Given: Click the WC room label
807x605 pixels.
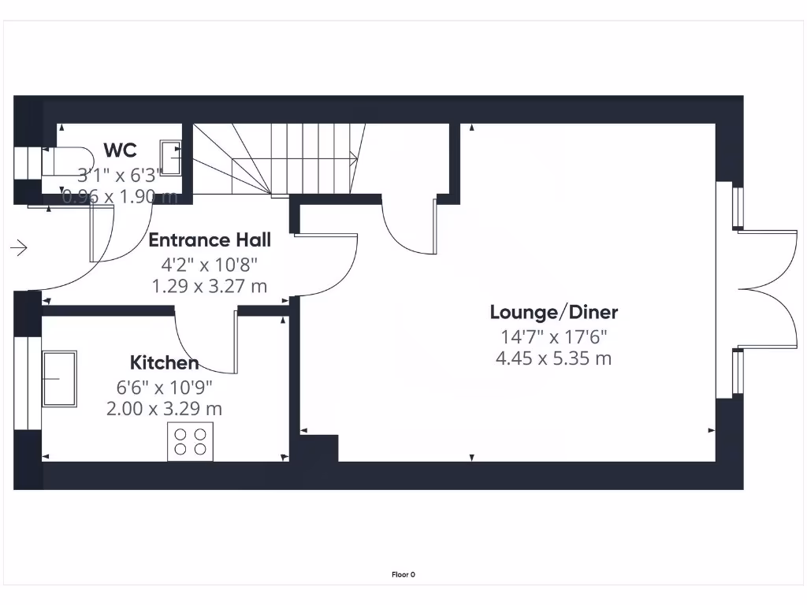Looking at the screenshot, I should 120,150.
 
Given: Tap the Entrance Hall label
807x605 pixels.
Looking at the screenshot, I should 210,240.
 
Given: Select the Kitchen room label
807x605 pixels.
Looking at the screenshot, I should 164,363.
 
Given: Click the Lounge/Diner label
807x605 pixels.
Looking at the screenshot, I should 553,312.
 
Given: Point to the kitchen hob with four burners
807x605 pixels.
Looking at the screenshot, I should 190,442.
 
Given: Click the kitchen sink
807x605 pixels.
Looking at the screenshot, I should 60,379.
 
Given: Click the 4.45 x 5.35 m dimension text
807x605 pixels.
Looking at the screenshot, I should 553,359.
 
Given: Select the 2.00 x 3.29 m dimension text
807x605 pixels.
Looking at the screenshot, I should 164,409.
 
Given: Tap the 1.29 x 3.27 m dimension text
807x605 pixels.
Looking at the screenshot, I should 210,286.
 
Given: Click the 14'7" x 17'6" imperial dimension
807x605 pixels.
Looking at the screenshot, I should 553,336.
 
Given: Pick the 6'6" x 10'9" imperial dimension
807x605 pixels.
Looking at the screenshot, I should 164,387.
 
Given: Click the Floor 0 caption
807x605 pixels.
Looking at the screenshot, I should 403,575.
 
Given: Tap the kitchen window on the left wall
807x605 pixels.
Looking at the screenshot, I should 28,383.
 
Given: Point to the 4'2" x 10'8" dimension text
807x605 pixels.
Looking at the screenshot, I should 210,264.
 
